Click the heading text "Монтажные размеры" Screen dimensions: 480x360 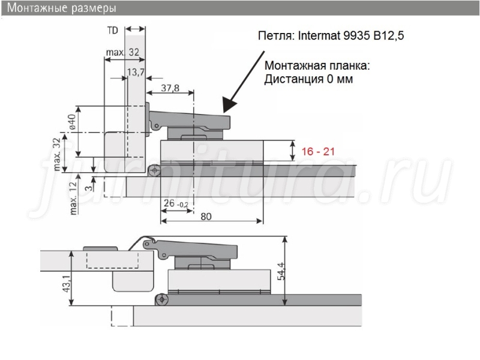(x=62, y=8)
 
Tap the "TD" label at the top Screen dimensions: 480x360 (x=113, y=31)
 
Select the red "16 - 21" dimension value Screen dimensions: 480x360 (x=318, y=151)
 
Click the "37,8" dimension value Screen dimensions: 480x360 (x=170, y=88)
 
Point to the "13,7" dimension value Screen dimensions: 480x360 (x=136, y=72)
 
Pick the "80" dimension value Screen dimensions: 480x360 (x=206, y=217)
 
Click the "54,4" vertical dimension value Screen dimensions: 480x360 (x=281, y=271)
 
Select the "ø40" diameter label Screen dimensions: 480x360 (x=71, y=122)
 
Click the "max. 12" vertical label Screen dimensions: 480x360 (x=73, y=198)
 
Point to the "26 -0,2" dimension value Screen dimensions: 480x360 (x=176, y=203)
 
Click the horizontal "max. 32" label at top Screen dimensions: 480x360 (x=122, y=52)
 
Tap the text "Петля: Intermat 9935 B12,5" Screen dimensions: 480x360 (x=331, y=36)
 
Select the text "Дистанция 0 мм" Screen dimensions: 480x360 (x=308, y=79)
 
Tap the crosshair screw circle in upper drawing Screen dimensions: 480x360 (x=155, y=170)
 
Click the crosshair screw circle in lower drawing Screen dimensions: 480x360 (x=161, y=299)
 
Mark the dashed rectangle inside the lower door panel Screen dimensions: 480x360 (x=112, y=260)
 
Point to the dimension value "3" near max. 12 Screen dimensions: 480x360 (x=88, y=187)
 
